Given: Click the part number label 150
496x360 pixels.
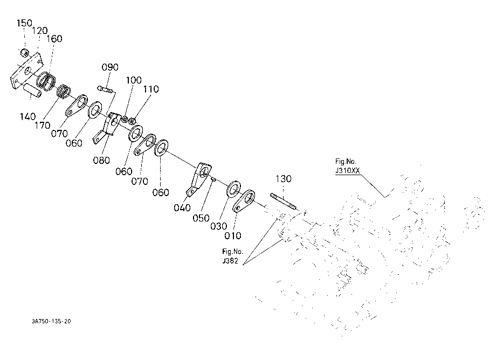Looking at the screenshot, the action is click(x=24, y=23).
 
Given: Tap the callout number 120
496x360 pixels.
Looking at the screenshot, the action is click(x=39, y=31).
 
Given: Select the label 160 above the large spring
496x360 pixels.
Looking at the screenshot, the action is click(x=54, y=39).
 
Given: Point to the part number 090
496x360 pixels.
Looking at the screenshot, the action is click(x=110, y=67).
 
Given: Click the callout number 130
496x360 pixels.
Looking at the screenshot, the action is click(x=283, y=179).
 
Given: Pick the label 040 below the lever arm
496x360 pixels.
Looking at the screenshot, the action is click(x=182, y=207).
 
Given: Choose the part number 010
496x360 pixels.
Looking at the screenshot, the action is click(x=232, y=236).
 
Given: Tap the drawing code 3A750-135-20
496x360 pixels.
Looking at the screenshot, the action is click(x=51, y=321).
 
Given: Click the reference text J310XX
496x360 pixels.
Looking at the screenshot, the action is click(x=347, y=171).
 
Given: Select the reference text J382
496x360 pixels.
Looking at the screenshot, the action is click(x=230, y=261).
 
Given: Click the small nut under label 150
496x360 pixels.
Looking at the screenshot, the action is click(x=24, y=53).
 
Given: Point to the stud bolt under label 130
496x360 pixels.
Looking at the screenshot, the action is click(x=284, y=202).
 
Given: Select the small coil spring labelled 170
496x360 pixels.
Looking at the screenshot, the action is click(x=64, y=91).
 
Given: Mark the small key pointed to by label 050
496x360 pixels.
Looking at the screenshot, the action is click(x=213, y=179).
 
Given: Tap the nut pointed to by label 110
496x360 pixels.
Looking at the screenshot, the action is click(x=133, y=121).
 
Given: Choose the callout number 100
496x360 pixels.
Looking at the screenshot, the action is click(x=134, y=80).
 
